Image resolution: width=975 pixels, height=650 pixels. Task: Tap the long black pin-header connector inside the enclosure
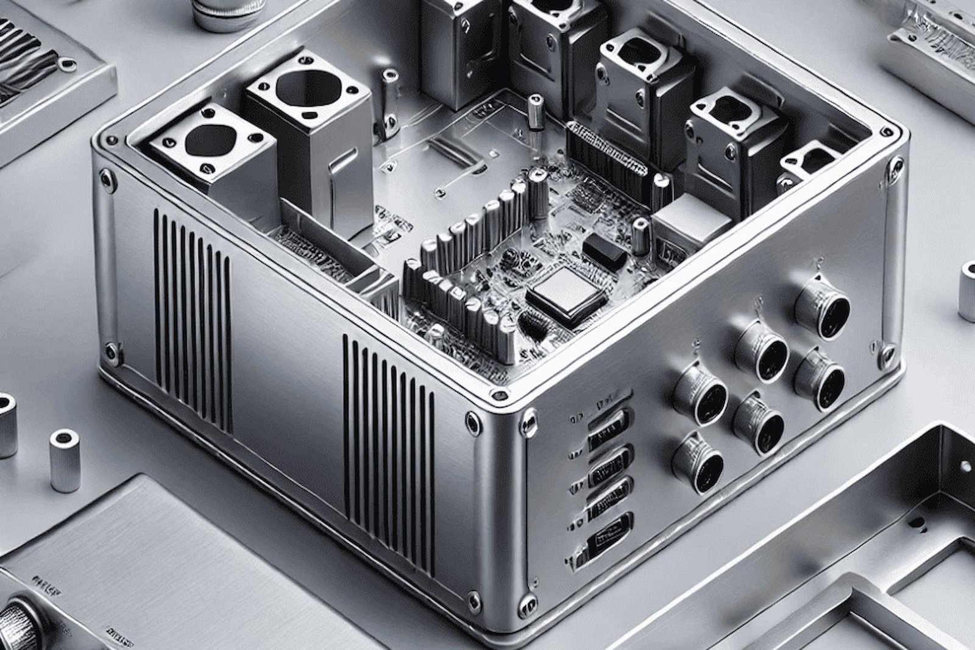[x=606, y=149]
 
